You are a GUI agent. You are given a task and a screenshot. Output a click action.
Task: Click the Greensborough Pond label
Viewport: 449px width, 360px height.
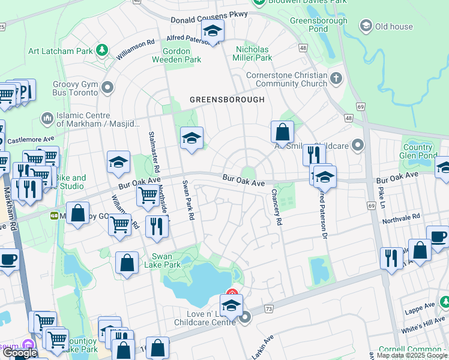(318, 25)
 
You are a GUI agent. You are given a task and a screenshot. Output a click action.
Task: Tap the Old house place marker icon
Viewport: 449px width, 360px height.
(366, 26)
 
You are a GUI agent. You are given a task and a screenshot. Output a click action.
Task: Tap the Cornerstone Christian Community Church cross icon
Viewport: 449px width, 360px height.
(336, 78)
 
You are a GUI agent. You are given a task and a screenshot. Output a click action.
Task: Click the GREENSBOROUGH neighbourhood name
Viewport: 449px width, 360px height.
(227, 100)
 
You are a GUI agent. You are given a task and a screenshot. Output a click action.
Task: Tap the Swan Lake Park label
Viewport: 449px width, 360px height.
(162, 260)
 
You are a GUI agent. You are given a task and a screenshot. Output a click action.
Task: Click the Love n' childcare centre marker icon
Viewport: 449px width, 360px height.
(244, 319)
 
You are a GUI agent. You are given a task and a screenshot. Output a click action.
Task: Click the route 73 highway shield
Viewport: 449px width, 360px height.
(268, 308)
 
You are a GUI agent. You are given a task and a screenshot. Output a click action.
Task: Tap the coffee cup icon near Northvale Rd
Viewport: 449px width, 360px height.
(437, 236)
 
